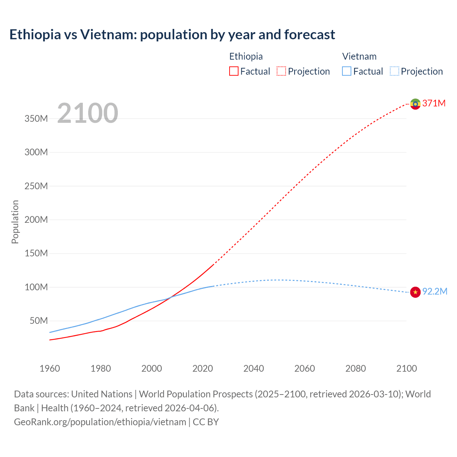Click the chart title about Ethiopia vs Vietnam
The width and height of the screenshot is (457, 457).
(172, 35)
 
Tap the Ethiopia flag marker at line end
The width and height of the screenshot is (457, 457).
(415, 104)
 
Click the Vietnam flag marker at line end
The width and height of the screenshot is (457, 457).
(415, 292)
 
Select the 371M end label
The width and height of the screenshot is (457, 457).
(434, 104)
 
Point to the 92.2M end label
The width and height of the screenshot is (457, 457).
(435, 292)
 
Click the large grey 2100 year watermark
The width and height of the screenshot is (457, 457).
(87, 113)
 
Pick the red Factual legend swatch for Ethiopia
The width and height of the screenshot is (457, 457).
(233, 71)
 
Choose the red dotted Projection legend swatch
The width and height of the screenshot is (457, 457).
(281, 71)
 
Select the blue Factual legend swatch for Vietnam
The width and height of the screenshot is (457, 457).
(347, 71)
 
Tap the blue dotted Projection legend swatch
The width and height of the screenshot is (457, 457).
(394, 71)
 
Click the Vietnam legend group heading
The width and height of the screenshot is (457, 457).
(359, 56)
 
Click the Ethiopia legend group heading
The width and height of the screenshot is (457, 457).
(246, 56)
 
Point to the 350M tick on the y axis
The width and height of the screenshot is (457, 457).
(36, 119)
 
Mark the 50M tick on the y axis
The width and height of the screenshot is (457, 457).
(39, 321)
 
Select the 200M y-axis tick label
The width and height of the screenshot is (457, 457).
(36, 220)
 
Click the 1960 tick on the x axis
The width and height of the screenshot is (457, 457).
(50, 368)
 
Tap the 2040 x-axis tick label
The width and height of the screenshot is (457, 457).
(253, 368)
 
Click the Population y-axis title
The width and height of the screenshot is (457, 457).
(15, 222)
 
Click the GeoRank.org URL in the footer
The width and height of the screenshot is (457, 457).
(100, 422)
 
